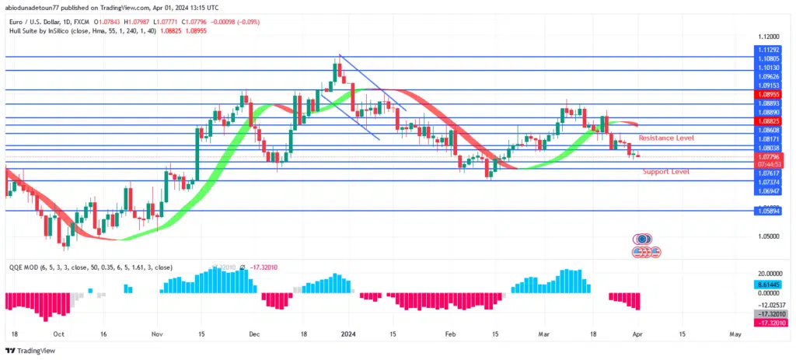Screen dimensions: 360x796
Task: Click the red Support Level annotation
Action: pos(665,171)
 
